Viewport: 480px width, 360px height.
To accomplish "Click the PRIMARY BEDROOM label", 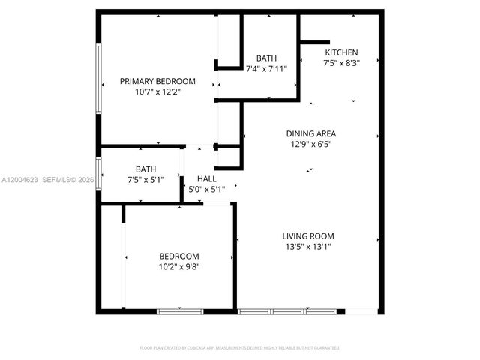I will (157, 81).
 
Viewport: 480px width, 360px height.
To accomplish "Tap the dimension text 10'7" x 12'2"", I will (157, 91).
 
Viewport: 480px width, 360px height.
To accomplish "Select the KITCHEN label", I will (341, 52).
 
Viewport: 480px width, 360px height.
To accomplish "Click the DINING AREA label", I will (310, 133).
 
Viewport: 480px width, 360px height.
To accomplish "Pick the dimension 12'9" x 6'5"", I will (310, 144).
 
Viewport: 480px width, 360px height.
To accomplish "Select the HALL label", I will (207, 178).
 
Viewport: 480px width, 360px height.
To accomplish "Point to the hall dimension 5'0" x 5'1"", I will (207, 189).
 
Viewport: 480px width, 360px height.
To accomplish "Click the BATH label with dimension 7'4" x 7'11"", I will (266, 58).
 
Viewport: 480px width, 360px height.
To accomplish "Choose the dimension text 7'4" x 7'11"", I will (266, 68).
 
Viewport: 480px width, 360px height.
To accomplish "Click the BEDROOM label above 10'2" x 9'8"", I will (178, 255).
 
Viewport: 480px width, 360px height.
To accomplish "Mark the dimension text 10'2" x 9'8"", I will (178, 265).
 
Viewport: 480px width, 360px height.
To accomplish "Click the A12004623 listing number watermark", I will (19, 180).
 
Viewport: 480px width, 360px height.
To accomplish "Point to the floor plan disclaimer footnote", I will (240, 348).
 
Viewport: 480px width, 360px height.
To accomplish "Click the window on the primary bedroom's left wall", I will (98, 79).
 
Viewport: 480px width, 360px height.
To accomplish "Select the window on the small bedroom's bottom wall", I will (180, 310).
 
